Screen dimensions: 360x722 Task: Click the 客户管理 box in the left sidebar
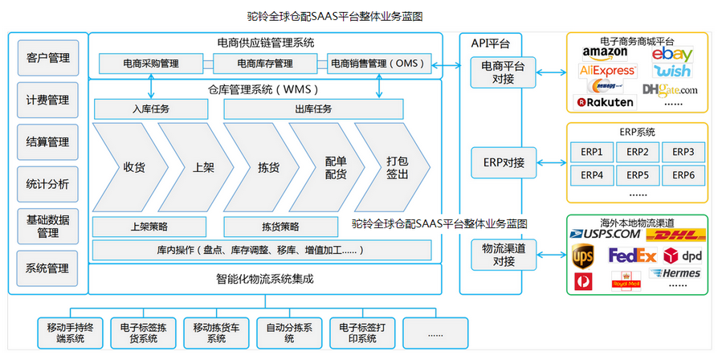click(x=48, y=58)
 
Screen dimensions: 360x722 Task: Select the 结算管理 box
click(x=48, y=141)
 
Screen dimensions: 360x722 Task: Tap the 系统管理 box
click(x=48, y=268)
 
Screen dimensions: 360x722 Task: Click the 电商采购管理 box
click(x=151, y=63)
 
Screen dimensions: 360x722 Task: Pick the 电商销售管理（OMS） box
click(x=381, y=63)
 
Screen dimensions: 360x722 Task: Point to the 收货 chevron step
click(x=132, y=167)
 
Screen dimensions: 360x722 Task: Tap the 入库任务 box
click(x=151, y=108)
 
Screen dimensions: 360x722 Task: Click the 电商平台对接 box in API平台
click(x=497, y=72)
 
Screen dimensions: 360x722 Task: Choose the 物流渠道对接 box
click(x=497, y=255)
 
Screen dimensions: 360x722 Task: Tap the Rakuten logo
click(x=605, y=102)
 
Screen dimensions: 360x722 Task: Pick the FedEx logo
click(x=632, y=256)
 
